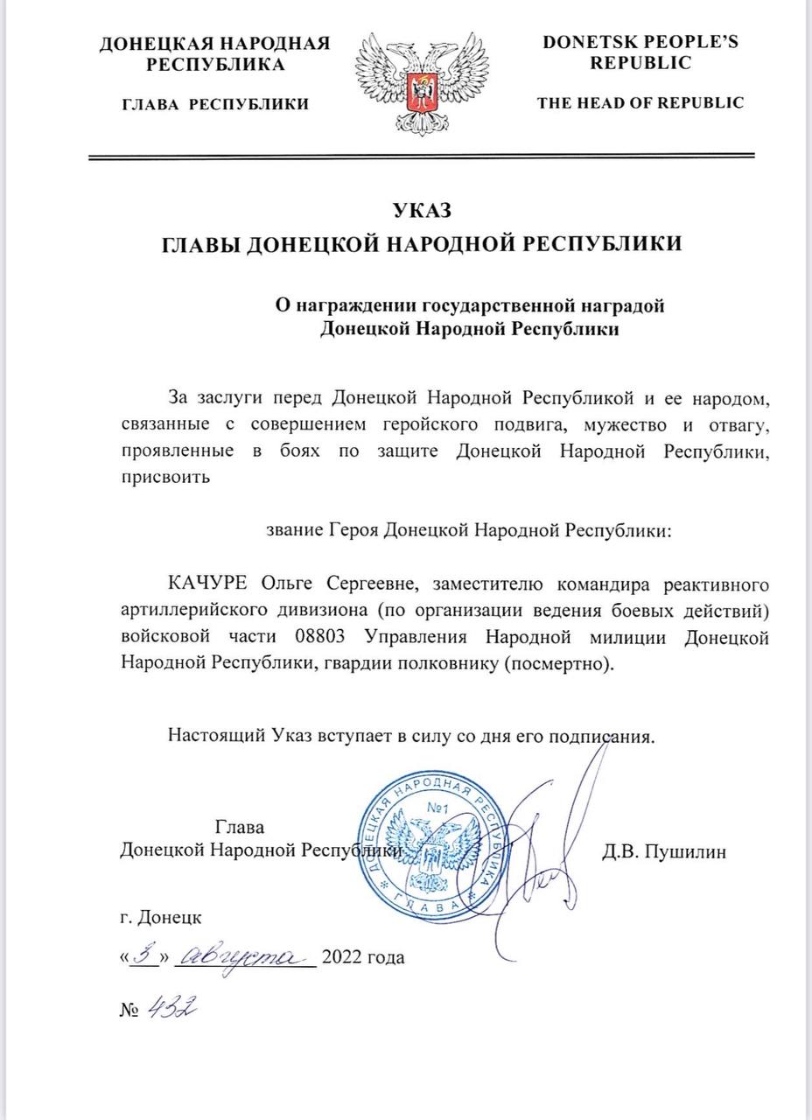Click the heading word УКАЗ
coord(423,210)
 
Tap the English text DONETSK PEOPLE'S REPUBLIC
coord(640,52)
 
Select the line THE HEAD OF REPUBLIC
coord(640,102)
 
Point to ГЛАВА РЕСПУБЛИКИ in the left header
coord(214,104)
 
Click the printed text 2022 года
coord(364,957)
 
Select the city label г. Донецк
coord(160,918)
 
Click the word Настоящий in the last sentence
coord(210,735)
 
